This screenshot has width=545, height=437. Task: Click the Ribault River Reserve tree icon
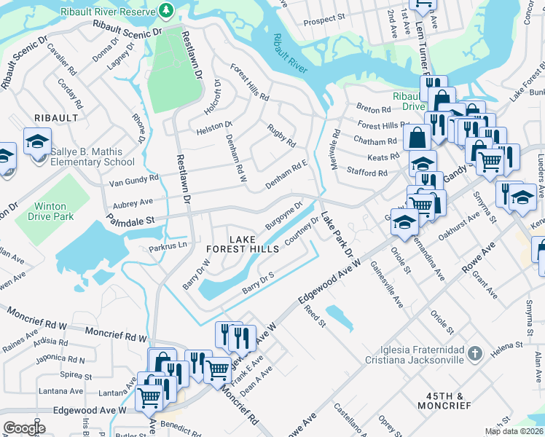pos(167,10)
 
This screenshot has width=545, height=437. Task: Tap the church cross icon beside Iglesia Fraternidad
pos(474,353)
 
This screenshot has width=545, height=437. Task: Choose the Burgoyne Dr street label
pos(283,216)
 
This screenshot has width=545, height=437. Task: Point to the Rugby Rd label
pos(281,134)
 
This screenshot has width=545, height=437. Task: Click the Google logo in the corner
pos(24,428)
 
